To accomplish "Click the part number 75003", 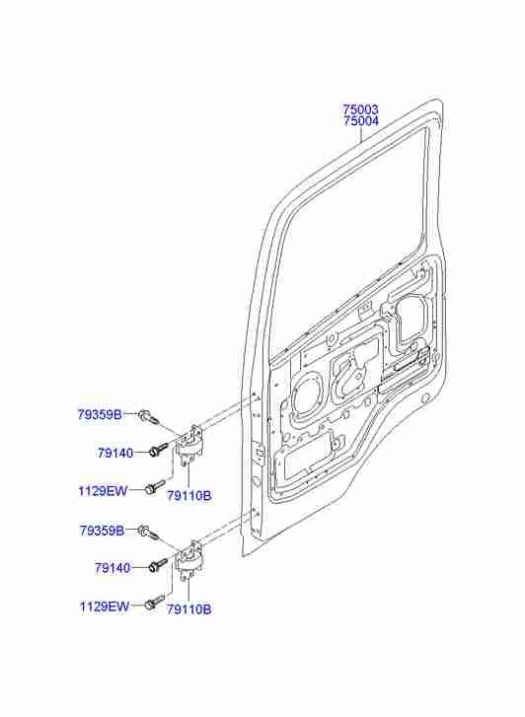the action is coord(360,109).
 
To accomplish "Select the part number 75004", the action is coord(360,121).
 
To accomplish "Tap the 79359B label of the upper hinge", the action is coord(100,415).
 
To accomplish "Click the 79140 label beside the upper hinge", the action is coord(114,453).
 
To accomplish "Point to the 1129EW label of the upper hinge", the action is coord(103,491).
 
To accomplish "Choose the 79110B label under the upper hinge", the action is coord(189,495).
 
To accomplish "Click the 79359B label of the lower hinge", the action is coord(102,531).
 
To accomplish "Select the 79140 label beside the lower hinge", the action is coord(113,568).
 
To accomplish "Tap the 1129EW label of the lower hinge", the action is coord(105,607).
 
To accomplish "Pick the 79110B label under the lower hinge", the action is coord(189,609).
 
